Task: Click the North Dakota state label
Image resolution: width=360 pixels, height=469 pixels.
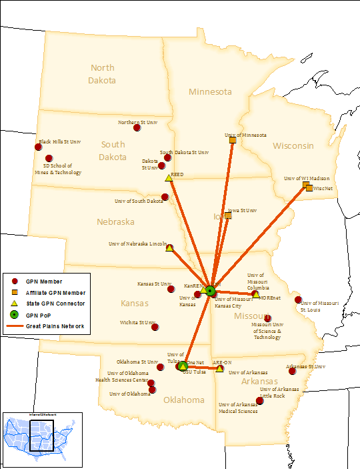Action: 103,73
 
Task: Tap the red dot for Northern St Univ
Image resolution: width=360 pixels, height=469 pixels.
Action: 137,127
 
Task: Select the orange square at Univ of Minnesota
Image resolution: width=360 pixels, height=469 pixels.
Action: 232,140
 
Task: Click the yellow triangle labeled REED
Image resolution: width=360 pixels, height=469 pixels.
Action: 169,178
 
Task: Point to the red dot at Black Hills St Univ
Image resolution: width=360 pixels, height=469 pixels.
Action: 38,147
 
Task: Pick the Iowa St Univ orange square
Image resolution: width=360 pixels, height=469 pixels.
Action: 228,215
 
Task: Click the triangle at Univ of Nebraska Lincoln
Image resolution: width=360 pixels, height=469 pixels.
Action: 169,248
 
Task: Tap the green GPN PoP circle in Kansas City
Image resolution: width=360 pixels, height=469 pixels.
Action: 210,290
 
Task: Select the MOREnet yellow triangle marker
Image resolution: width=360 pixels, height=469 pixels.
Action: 256,294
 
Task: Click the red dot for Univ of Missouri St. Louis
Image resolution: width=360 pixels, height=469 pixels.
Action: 298,300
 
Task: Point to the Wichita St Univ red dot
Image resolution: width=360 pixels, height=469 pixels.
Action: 155,327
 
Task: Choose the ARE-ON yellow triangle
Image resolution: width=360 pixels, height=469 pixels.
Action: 219,368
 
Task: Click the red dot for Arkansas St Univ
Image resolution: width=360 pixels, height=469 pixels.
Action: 292,371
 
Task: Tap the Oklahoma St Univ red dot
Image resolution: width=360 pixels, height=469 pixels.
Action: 160,367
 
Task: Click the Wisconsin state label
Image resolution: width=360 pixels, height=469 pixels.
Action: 293,145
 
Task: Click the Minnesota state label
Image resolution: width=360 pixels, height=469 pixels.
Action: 209,91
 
